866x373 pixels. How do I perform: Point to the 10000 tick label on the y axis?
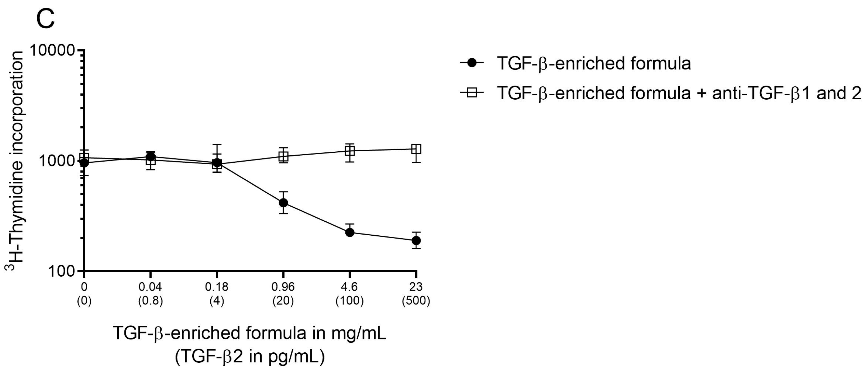(52, 50)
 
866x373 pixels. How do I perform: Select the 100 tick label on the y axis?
(61, 271)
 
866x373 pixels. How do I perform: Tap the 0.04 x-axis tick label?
(150, 287)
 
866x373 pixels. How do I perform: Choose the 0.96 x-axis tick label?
(283, 287)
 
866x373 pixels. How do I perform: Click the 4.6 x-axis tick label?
(350, 287)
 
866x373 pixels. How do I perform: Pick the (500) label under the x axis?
(416, 300)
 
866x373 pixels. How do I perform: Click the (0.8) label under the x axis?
(150, 300)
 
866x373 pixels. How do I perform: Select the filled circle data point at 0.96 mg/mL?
(283, 203)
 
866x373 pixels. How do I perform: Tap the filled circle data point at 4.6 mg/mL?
(350, 232)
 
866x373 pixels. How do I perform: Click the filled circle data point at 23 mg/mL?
(416, 240)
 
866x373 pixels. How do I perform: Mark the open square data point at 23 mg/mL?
(416, 149)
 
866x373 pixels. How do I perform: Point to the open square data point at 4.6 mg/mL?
(350, 151)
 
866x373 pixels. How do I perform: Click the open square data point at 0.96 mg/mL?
(283, 156)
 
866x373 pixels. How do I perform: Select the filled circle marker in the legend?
(472, 63)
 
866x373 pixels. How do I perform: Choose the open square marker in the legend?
(472, 93)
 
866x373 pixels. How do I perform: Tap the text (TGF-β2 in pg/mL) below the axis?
(250, 357)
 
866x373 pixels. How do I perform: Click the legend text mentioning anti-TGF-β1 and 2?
(679, 93)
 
